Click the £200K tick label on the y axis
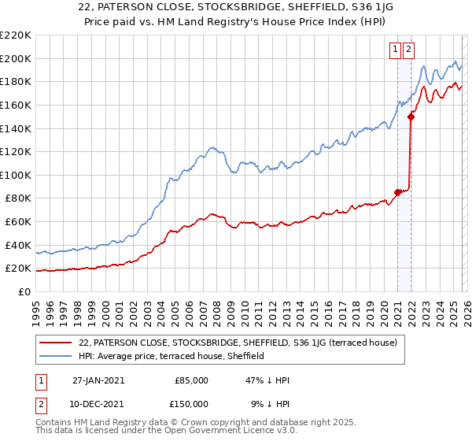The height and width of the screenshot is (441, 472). click(x=16, y=58)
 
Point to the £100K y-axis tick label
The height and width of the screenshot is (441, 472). click(x=16, y=175)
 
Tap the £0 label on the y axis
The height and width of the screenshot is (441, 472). click(x=24, y=291)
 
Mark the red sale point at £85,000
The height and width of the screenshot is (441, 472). click(x=397, y=191)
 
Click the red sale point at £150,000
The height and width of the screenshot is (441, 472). click(x=411, y=117)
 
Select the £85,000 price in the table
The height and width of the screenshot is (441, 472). click(x=190, y=380)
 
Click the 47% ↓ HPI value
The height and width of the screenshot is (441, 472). click(x=267, y=380)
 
